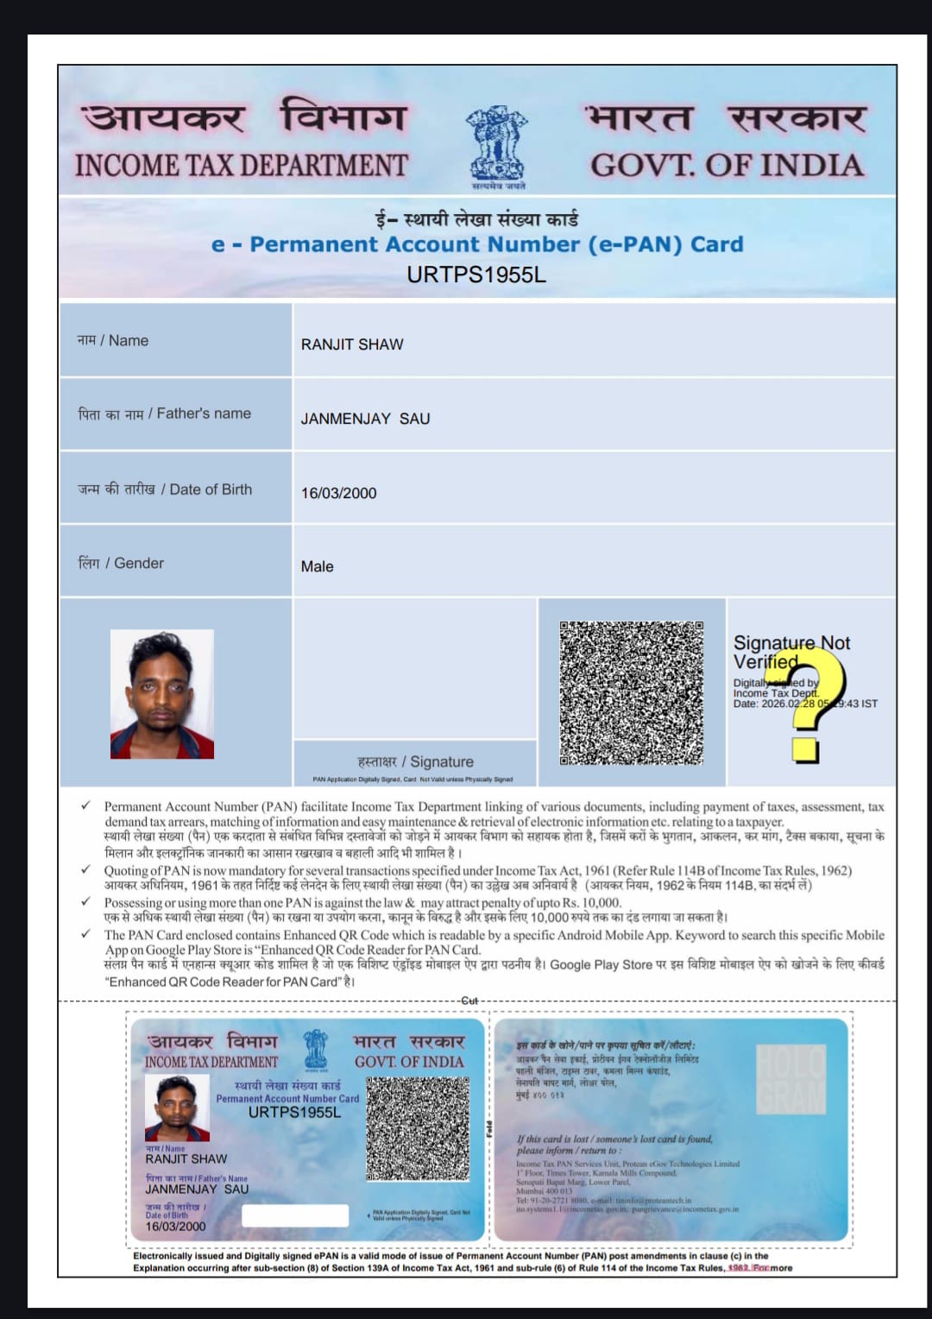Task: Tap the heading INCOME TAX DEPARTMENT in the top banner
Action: (241, 165)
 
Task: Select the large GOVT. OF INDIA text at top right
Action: (727, 165)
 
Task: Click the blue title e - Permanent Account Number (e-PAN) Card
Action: (477, 244)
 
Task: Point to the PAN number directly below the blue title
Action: (476, 275)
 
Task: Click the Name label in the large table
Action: (113, 341)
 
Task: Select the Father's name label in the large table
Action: (165, 413)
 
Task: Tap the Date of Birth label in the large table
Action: (165, 489)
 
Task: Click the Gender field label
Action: (121, 563)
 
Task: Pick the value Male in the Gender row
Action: (317, 566)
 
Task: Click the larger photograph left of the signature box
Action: (161, 694)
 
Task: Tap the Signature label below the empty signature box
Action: (415, 761)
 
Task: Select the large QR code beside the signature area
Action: (631, 692)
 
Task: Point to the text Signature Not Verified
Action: (790, 652)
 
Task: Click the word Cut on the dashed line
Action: (469, 1000)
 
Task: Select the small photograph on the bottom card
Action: (177, 1108)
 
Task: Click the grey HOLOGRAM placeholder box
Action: (790, 1078)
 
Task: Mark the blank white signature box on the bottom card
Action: (294, 1215)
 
